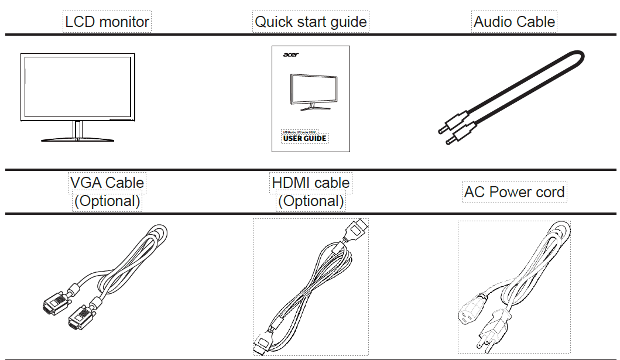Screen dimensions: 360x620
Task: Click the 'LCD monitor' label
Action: pos(107,22)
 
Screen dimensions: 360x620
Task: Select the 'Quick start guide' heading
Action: pos(310,22)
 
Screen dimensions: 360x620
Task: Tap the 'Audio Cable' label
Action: pos(514,22)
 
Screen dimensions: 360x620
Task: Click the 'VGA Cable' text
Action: pos(107,183)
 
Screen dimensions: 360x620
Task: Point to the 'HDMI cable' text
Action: pos(310,183)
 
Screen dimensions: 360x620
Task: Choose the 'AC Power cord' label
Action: pos(514,192)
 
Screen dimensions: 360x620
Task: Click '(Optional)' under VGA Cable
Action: pos(107,201)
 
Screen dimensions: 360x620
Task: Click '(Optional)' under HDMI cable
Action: pos(310,201)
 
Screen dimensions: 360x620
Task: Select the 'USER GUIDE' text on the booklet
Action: pos(304,139)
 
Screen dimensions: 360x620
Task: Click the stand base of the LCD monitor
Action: pos(77,139)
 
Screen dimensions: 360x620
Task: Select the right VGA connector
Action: pos(80,319)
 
